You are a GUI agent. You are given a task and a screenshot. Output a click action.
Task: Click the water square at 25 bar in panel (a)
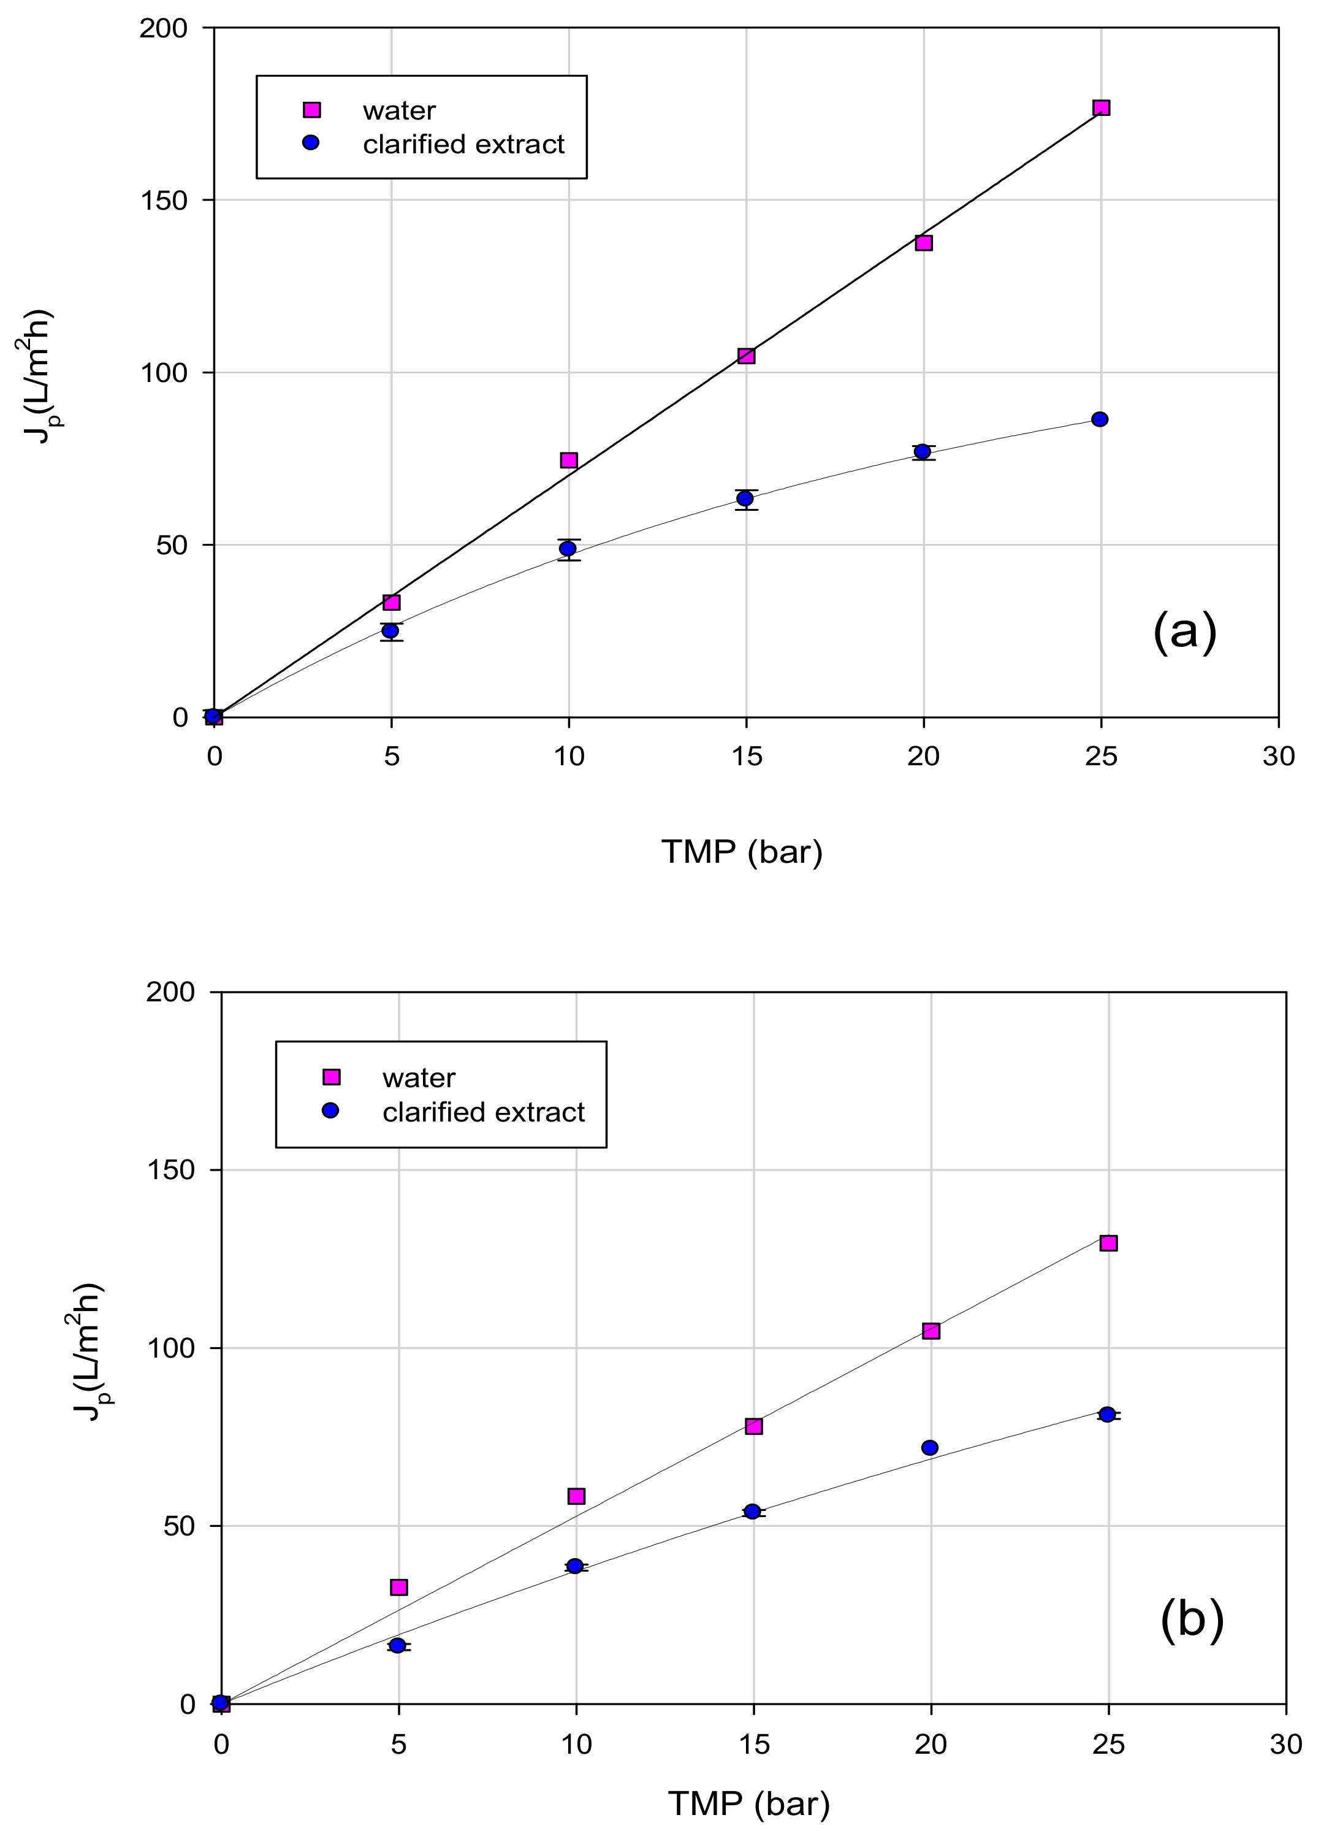point(1101,108)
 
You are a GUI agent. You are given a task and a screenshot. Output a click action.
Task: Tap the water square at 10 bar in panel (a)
point(569,460)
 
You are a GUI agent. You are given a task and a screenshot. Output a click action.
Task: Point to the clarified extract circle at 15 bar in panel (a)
point(745,499)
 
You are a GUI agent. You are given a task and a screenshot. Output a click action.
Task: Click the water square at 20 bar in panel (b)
point(930,1331)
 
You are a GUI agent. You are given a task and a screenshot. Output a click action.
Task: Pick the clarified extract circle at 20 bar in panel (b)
point(930,1448)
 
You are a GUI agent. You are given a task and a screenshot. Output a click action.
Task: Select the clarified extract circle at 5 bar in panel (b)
point(397,1645)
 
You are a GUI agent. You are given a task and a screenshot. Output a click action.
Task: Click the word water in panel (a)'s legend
point(399,110)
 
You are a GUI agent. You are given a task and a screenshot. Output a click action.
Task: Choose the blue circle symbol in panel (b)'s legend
point(330,1112)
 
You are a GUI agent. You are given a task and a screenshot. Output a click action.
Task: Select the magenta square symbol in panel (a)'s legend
point(311,110)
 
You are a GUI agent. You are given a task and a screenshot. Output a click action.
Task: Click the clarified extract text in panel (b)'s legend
point(483,1112)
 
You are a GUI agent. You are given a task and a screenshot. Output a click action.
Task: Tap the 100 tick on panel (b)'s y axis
point(178,1349)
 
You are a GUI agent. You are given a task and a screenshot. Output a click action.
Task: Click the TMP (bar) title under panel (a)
point(741,852)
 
